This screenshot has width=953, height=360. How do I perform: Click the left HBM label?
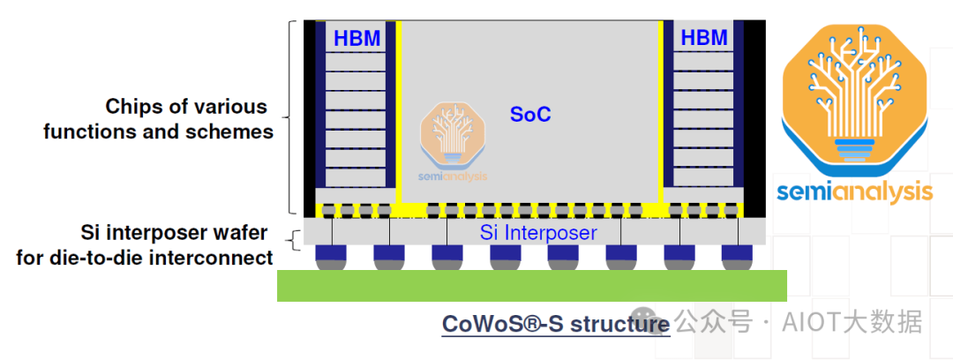[x=356, y=38]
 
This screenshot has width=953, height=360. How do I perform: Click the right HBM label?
[x=704, y=38]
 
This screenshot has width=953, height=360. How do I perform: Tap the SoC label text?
[x=530, y=115]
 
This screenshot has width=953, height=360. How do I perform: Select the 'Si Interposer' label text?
[x=538, y=233]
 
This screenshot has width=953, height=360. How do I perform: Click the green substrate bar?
[x=531, y=285]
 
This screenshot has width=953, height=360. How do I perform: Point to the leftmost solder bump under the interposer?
[x=331, y=257]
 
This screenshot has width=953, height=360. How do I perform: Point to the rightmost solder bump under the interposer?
[x=737, y=257]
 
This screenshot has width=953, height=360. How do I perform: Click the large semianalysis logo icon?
[x=853, y=97]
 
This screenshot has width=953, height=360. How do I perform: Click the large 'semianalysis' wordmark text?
[x=854, y=192]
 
